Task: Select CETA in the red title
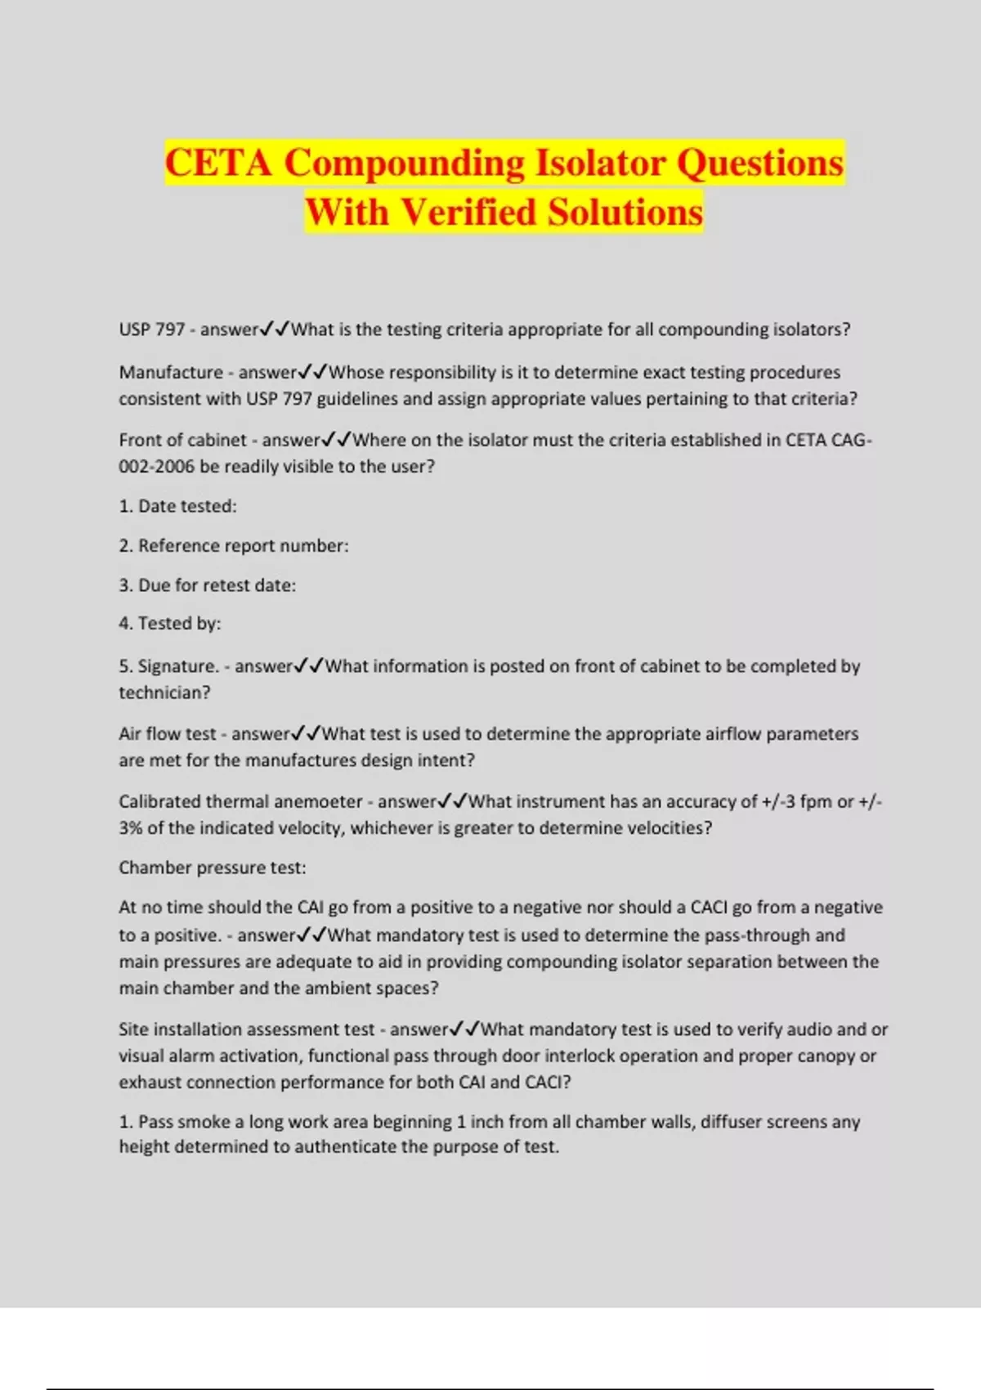218,162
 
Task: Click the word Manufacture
171,372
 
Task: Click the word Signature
178,666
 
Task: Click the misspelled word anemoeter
316,801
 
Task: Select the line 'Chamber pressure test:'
213,868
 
